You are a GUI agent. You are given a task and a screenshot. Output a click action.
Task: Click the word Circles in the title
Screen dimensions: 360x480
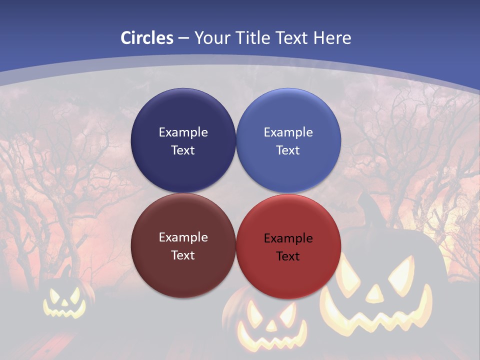coord(147,38)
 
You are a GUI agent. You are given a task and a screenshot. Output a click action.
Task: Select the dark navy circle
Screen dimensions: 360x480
coord(183,140)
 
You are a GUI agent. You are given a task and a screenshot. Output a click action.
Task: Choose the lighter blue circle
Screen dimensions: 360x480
coord(288,140)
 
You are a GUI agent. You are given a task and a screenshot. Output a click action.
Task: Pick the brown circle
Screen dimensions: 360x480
coord(183,245)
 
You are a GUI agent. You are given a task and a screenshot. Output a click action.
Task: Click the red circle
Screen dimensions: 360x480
coord(288,245)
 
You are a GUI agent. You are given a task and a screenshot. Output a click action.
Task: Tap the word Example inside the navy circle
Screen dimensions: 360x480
coord(183,132)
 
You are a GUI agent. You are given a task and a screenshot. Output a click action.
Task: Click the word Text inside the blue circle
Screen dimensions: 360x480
coord(288,150)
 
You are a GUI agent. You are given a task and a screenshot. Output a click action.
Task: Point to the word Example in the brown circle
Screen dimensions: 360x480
coord(183,237)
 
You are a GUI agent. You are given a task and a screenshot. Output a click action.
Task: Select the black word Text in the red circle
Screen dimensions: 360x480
coord(288,256)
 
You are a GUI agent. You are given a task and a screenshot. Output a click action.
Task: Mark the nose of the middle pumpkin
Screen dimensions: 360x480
coord(270,326)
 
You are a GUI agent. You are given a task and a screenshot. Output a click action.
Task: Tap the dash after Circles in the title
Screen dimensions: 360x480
coord(183,38)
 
